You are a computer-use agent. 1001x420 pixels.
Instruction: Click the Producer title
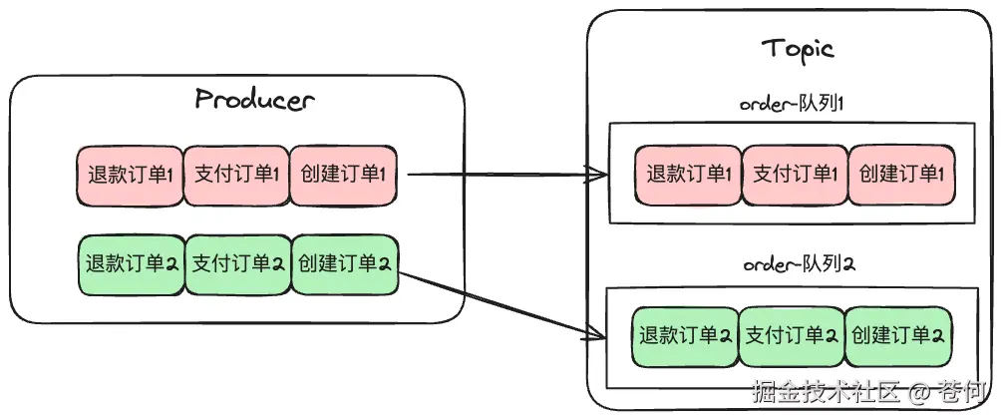point(254,99)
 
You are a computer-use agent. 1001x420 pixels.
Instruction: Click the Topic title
point(797,49)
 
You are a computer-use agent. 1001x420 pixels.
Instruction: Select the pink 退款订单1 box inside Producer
point(130,176)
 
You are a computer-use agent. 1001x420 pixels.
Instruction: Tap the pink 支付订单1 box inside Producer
point(236,176)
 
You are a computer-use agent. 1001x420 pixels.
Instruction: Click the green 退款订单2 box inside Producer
point(131,264)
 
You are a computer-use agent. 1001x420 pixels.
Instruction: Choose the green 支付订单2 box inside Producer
point(238,264)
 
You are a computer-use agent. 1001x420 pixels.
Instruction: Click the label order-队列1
point(792,104)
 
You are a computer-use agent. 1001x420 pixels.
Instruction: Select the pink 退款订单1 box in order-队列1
point(688,176)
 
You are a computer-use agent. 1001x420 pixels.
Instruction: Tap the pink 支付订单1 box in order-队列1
point(795,176)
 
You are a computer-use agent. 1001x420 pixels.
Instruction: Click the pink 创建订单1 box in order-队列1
point(900,176)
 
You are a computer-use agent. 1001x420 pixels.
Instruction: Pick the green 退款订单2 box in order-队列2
point(685,335)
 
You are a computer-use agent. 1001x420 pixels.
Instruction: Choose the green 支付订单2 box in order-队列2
point(792,335)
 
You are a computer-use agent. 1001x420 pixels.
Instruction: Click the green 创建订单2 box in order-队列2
point(898,335)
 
